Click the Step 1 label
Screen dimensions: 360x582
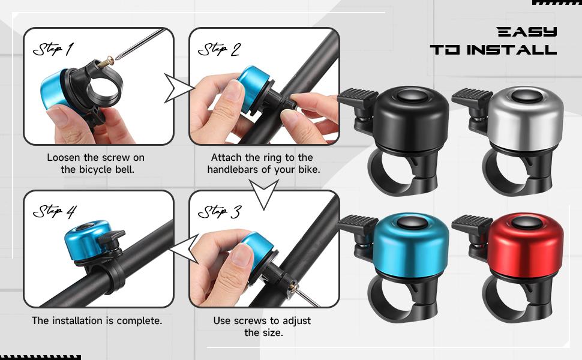click(52, 49)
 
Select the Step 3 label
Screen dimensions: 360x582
click(219, 212)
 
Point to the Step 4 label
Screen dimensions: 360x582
click(54, 212)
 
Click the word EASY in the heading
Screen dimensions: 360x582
click(527, 32)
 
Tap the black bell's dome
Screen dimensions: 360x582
click(412, 120)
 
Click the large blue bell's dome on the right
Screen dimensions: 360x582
click(412, 246)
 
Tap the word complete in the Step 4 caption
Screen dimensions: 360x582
click(139, 321)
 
